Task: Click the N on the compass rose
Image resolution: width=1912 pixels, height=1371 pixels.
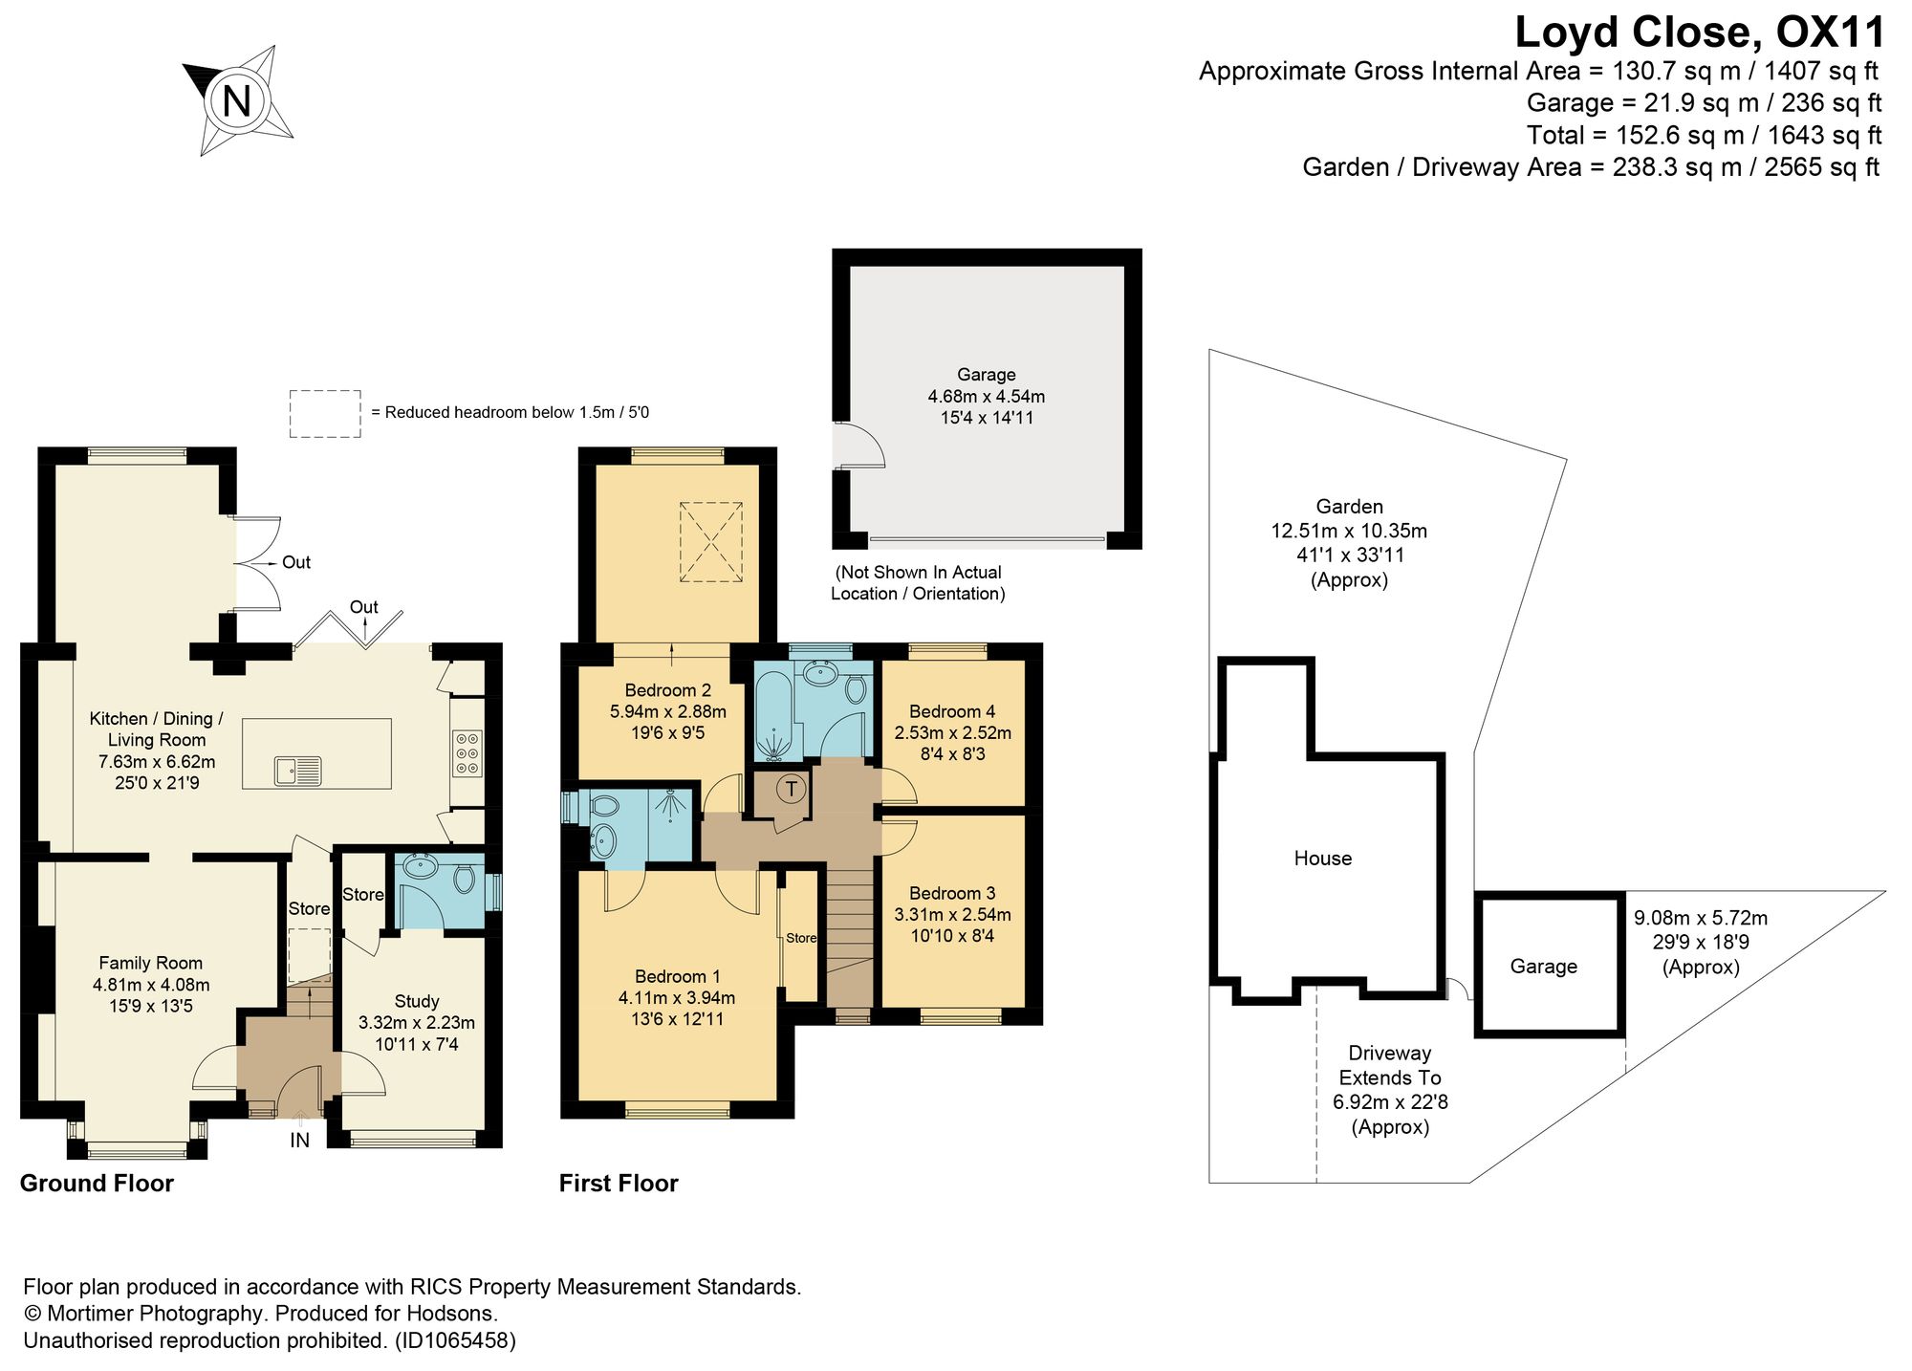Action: pos(236,100)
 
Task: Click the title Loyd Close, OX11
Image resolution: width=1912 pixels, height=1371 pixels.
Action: pos(1700,32)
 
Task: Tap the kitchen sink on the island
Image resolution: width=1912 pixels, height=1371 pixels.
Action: pos(298,770)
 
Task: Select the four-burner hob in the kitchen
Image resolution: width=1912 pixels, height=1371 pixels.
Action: pos(467,753)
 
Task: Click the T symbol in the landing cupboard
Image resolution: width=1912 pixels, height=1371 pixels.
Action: pos(791,790)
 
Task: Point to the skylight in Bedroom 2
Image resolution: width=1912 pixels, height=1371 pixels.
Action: pos(710,541)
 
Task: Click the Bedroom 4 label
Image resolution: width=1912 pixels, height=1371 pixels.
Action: pos(952,711)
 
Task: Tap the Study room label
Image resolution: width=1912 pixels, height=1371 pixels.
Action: pos(417,1001)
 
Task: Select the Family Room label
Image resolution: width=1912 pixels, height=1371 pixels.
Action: pos(151,963)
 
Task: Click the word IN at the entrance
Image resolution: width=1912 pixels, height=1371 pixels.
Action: pos(300,1140)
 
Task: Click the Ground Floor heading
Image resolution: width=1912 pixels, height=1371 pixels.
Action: pos(97,1183)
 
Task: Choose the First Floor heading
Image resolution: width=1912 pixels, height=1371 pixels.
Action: pos(619,1183)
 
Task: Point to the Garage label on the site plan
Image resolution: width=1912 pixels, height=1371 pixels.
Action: pos(1543,967)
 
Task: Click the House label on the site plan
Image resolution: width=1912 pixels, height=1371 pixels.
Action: pos(1322,858)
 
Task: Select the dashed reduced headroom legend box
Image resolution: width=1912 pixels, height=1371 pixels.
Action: pos(325,414)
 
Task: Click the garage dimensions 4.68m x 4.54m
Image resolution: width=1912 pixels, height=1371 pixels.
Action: pos(987,396)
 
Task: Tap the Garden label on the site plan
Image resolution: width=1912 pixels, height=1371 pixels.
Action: pos(1349,507)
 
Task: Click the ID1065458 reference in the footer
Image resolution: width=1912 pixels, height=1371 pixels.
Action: pos(455,1340)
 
